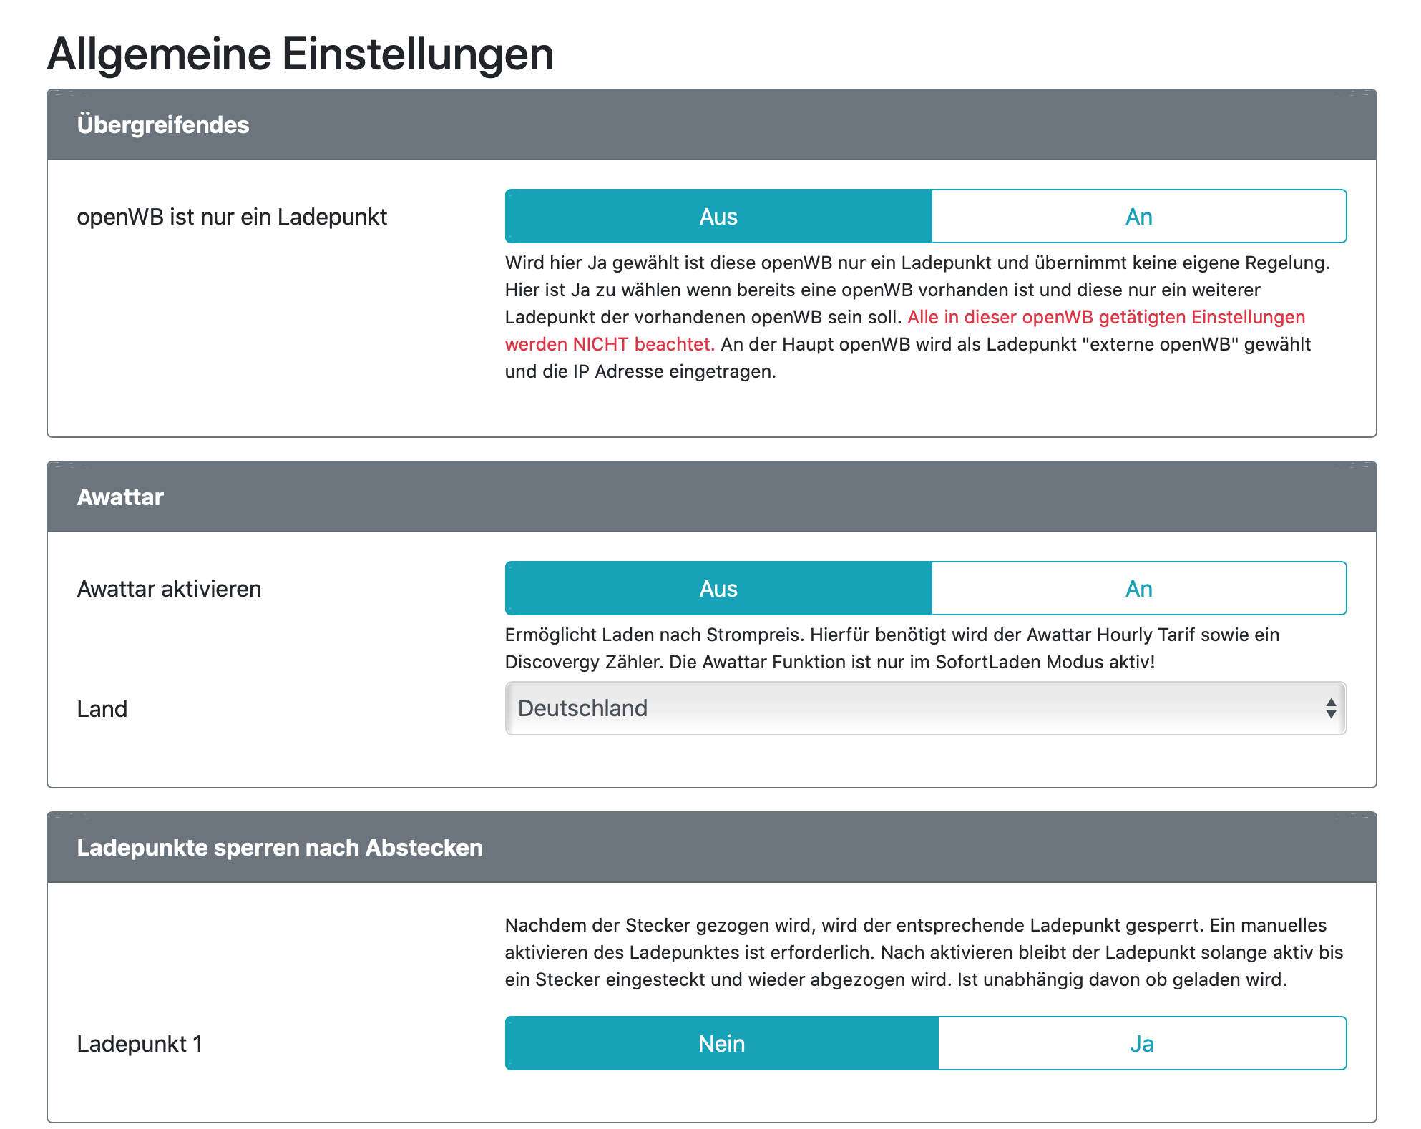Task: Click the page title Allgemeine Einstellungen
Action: coord(301,54)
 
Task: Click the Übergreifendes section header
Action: coord(163,125)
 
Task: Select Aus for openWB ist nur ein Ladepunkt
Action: coord(718,217)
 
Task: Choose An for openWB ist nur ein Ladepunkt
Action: coord(1138,217)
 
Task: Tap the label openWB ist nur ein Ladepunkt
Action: coord(232,217)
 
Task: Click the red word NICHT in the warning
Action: coord(600,345)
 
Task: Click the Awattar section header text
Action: coord(120,497)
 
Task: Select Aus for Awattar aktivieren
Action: coord(718,589)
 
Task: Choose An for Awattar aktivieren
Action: coord(1138,589)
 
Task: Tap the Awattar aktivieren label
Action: coord(169,589)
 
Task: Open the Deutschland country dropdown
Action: coord(916,708)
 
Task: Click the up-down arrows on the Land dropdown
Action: coord(1331,708)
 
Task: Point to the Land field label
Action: coord(102,709)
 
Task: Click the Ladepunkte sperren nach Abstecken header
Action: coord(280,848)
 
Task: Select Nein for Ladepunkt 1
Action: coord(721,1044)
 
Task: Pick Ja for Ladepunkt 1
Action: coord(1141,1044)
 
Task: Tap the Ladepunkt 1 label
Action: coord(140,1044)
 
